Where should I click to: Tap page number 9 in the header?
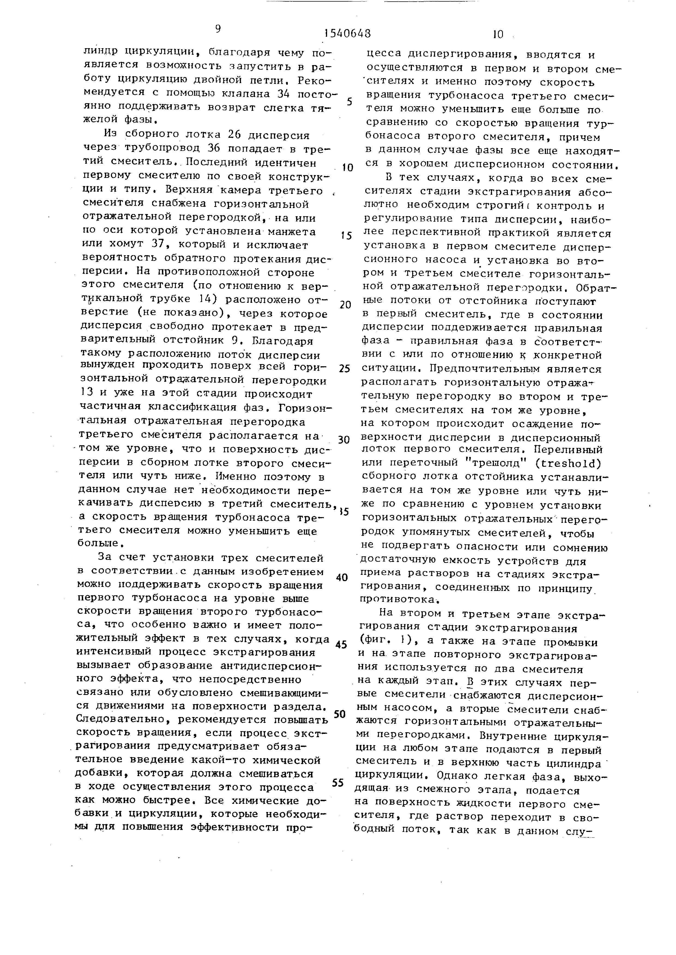(x=218, y=29)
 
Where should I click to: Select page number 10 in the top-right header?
(x=498, y=34)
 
